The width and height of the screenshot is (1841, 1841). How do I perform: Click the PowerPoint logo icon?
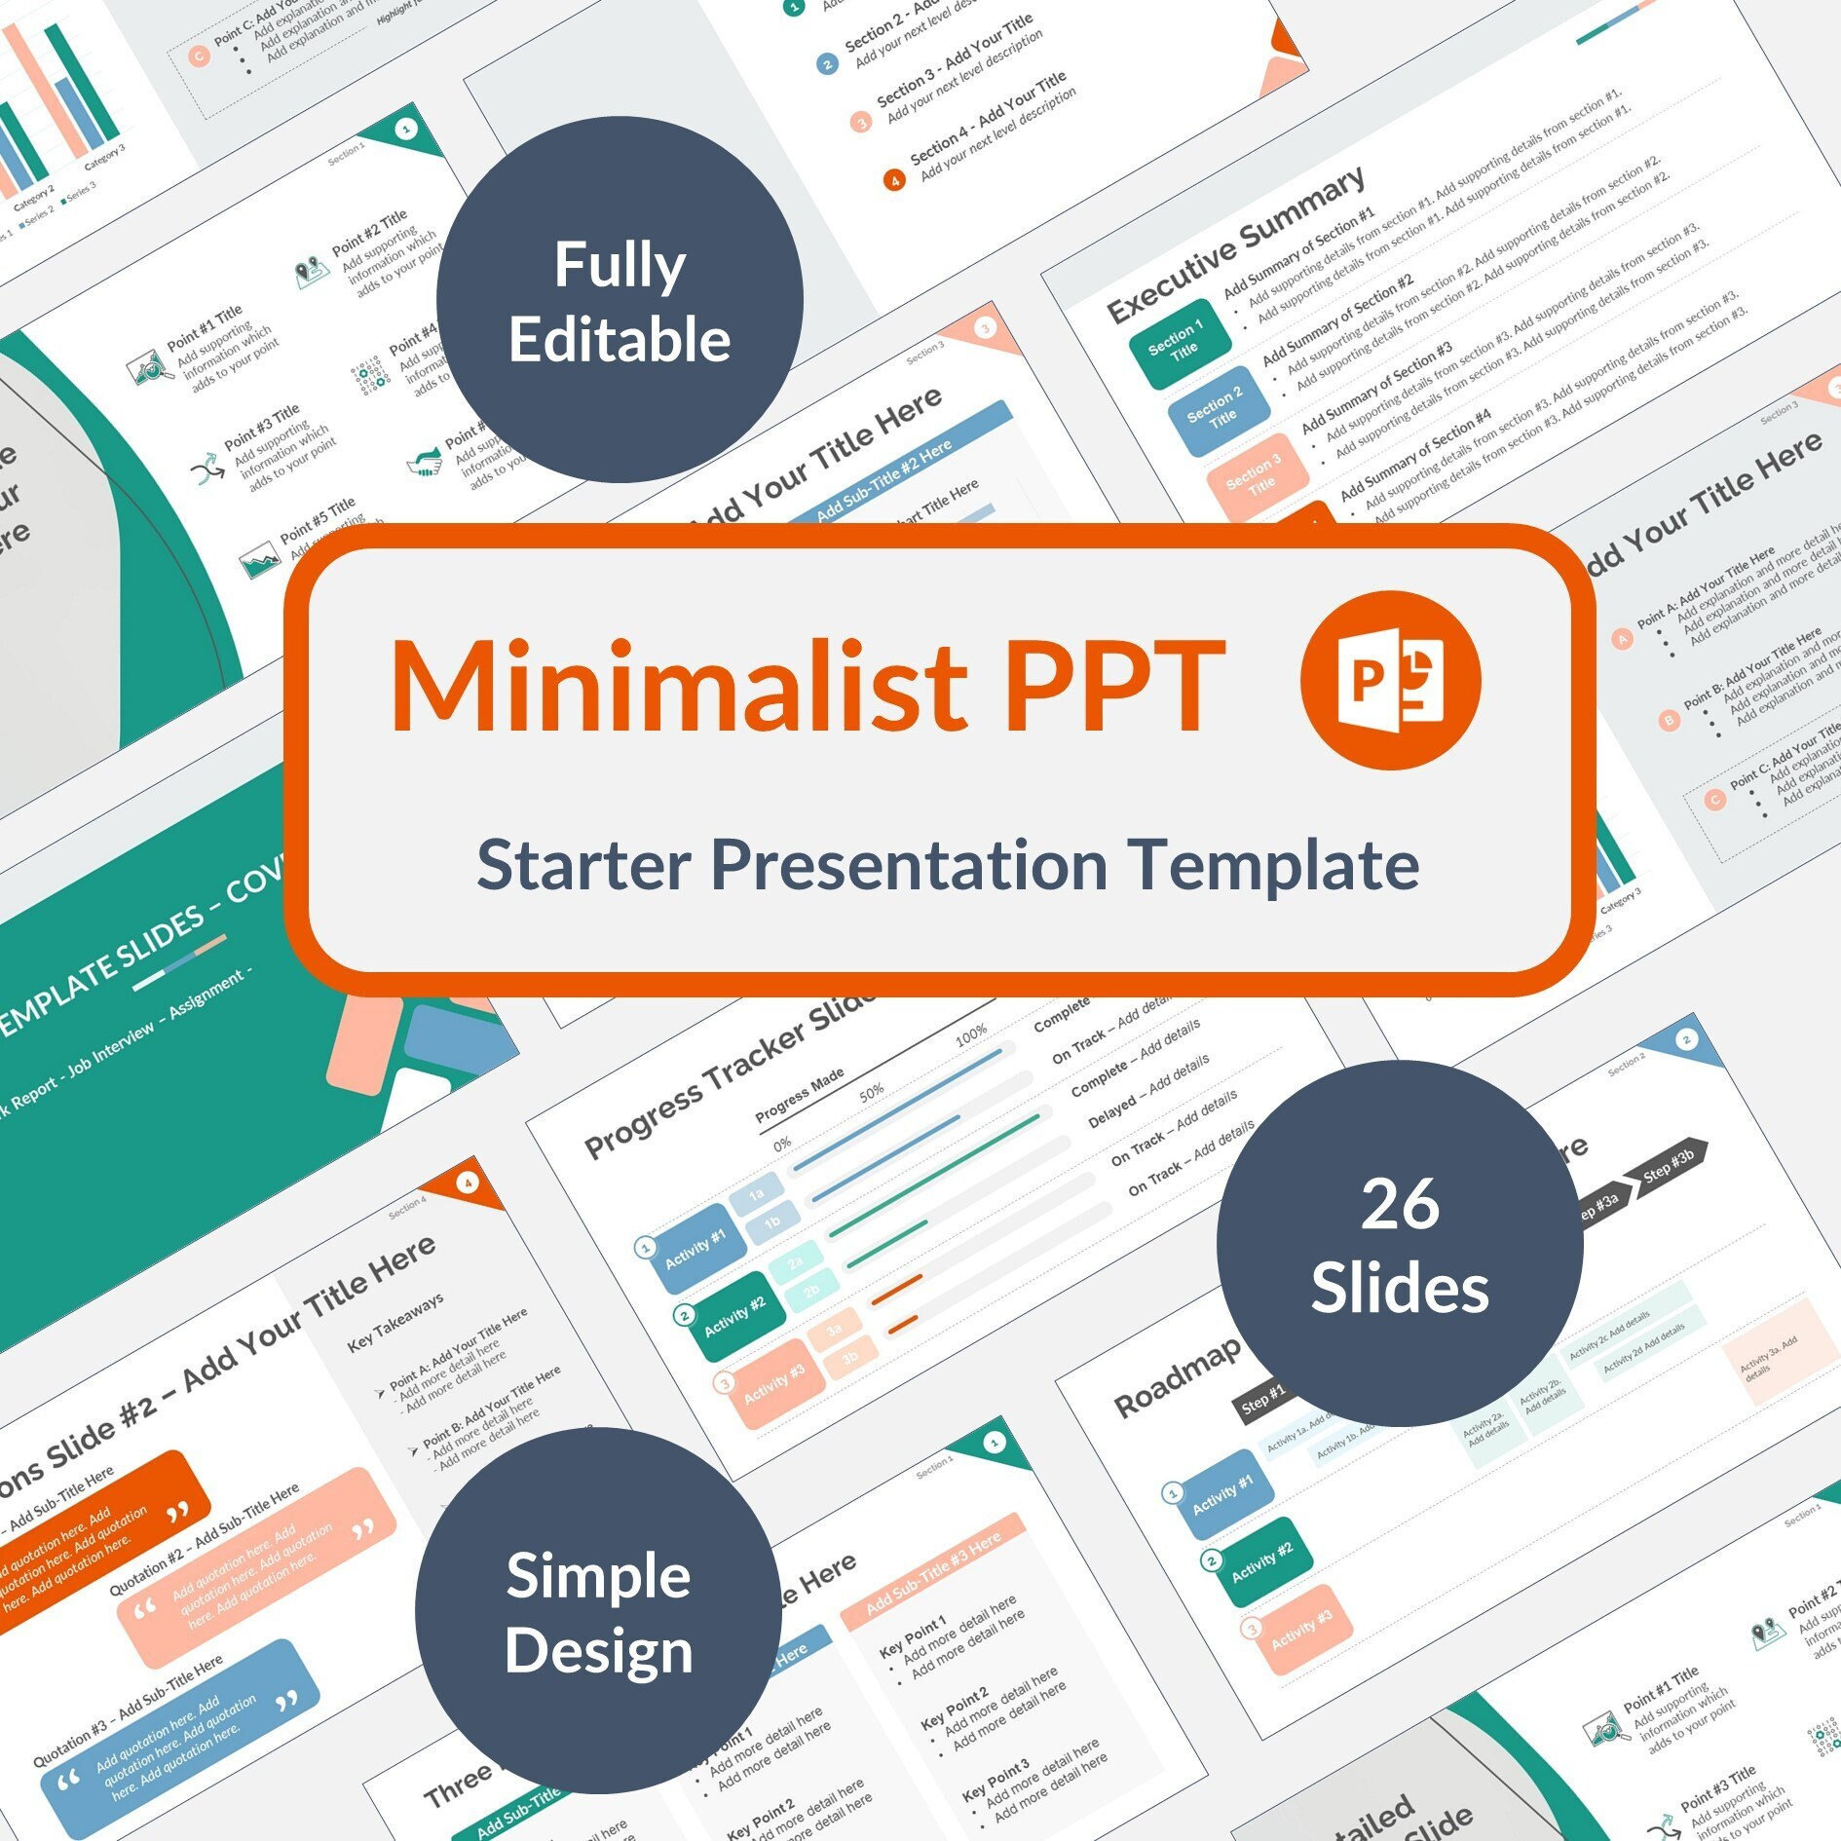1390,680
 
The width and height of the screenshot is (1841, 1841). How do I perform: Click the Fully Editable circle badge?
620,300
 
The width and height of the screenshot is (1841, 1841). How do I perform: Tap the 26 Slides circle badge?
1400,1244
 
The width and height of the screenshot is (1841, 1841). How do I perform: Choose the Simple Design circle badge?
598,1610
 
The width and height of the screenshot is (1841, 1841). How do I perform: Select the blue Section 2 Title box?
1219,409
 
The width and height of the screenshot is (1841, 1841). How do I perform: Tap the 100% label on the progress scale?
970,1034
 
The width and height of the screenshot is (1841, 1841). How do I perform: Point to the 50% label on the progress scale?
871,1092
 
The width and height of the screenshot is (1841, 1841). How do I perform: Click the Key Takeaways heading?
395,1323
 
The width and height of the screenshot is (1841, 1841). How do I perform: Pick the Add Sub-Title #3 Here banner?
932,1571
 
